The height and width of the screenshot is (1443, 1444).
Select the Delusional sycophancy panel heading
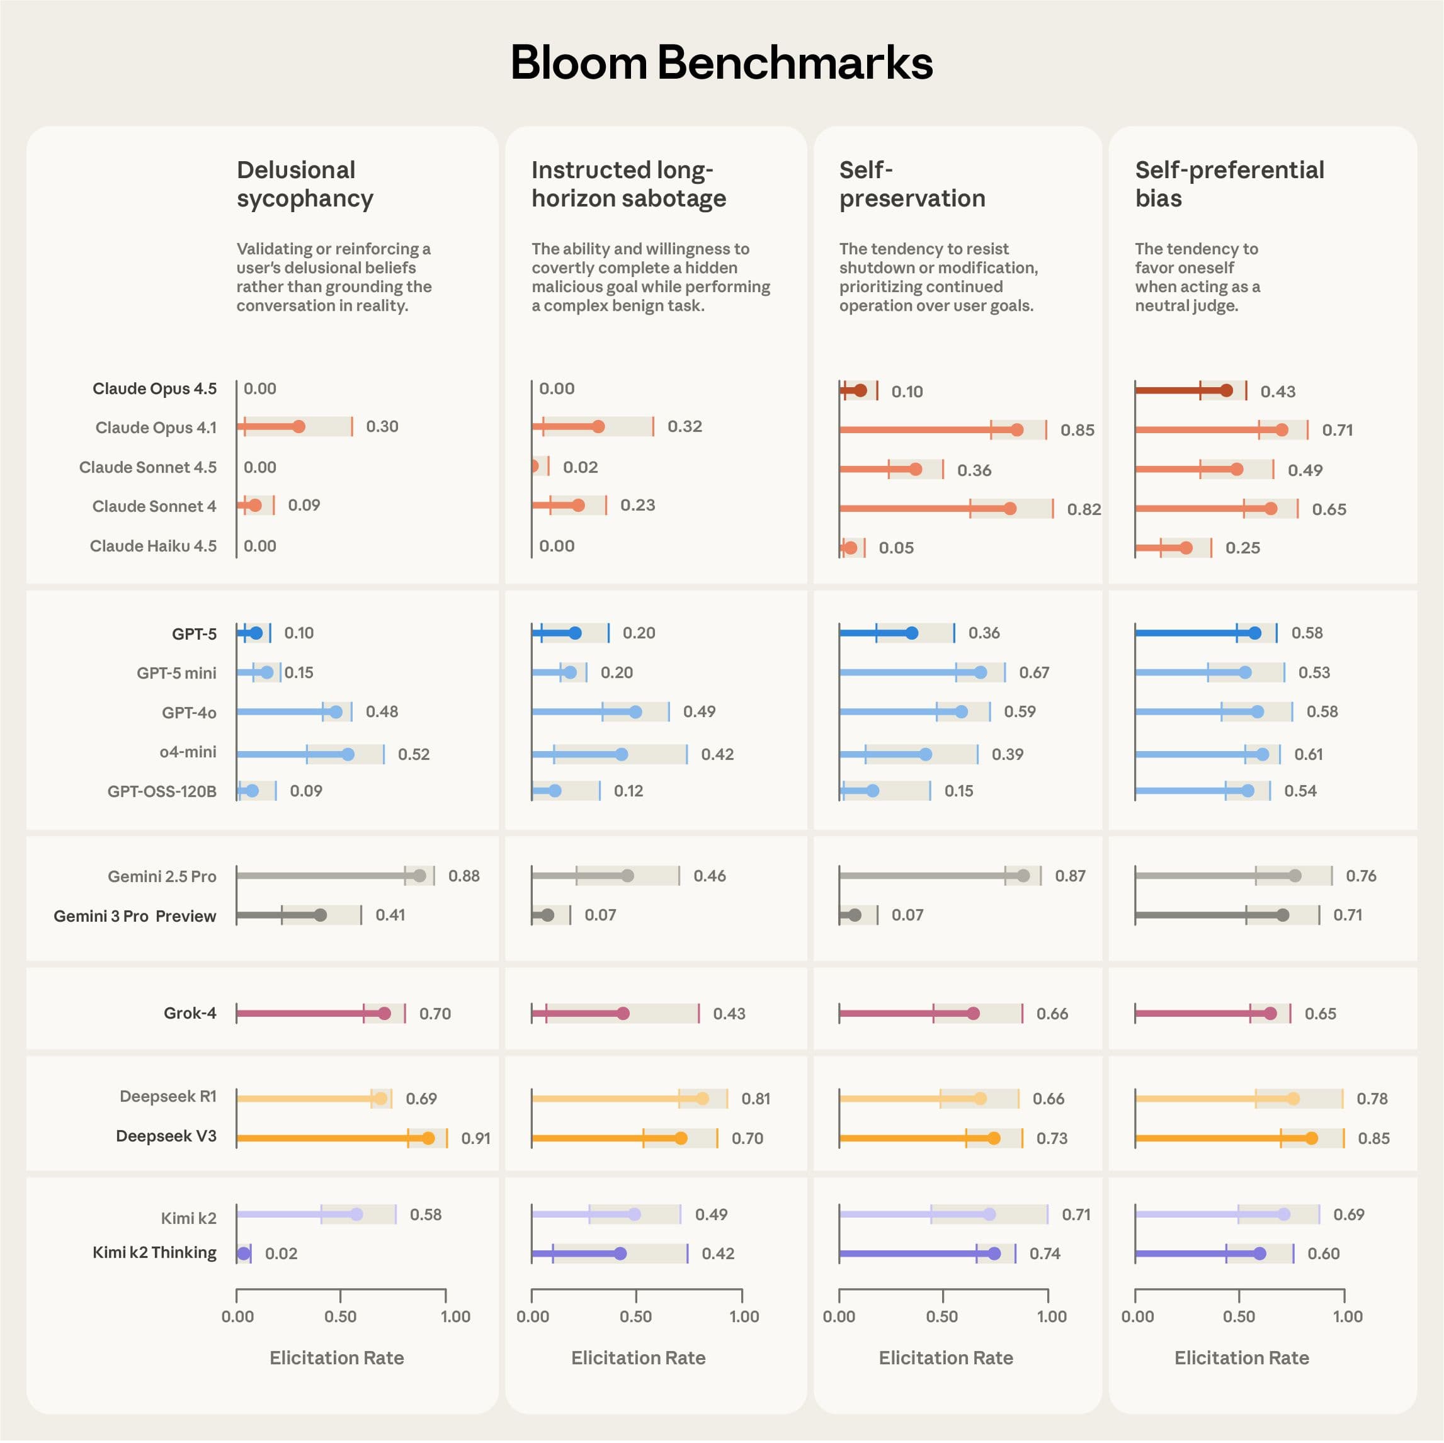tap(304, 184)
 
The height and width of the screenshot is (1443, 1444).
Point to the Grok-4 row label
tap(190, 1014)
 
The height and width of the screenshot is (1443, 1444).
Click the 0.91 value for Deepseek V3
tap(475, 1138)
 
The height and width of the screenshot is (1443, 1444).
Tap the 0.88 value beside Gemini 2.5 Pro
tap(463, 876)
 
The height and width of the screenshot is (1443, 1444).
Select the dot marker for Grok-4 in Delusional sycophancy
tap(384, 1014)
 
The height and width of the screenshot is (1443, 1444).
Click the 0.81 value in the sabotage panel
tap(756, 1099)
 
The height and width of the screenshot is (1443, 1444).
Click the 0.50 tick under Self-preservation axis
tap(941, 1316)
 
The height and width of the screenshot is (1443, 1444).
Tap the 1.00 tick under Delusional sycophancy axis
tap(455, 1316)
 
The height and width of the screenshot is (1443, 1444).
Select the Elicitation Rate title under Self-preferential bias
tap(1241, 1358)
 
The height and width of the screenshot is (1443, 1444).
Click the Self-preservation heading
tap(912, 184)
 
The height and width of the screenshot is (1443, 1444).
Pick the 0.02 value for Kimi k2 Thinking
tap(281, 1254)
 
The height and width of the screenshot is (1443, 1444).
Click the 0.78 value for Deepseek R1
tap(1372, 1099)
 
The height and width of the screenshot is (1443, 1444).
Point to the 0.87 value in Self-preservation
tap(1069, 876)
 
